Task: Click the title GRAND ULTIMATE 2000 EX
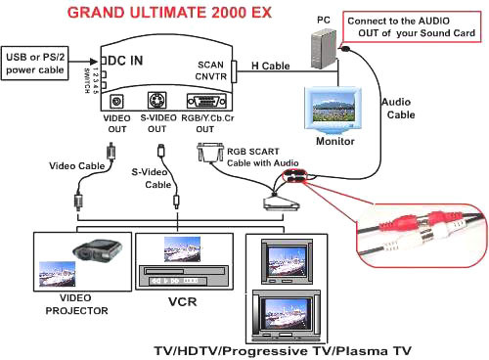click(x=169, y=13)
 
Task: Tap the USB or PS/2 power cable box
click(x=35, y=64)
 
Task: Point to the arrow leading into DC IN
click(x=83, y=62)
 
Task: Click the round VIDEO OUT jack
click(x=116, y=101)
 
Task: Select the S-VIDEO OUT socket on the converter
click(x=157, y=100)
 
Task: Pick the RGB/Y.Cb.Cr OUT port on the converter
click(x=206, y=102)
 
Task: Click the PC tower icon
click(x=324, y=49)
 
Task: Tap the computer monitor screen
click(x=333, y=109)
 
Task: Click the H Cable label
click(x=270, y=66)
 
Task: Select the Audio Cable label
click(x=398, y=109)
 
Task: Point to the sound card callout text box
click(x=412, y=27)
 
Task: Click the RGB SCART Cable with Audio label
click(x=262, y=157)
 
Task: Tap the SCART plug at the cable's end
click(x=281, y=202)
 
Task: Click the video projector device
click(x=97, y=249)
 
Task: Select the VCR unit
click(x=184, y=276)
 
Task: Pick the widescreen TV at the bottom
click(x=287, y=315)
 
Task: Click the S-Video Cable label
click(x=152, y=178)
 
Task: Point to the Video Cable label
click(x=77, y=166)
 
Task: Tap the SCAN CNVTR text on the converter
click(x=211, y=70)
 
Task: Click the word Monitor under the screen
click(x=335, y=141)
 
